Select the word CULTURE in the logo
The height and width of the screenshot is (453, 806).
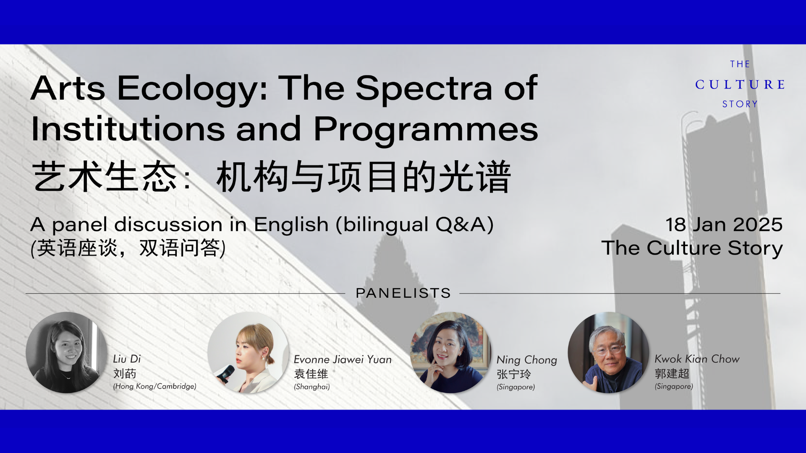click(740, 84)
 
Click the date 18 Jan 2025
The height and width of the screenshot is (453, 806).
click(724, 224)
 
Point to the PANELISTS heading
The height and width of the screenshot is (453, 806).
click(403, 293)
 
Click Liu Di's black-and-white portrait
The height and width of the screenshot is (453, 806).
click(66, 352)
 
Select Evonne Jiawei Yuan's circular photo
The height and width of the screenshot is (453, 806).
click(248, 352)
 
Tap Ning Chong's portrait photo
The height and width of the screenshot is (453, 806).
click(450, 352)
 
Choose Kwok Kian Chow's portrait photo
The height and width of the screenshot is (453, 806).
click(608, 352)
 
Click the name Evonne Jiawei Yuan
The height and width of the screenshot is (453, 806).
click(343, 359)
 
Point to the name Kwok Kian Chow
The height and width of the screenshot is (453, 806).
click(697, 359)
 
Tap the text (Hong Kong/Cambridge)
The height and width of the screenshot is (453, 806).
click(154, 386)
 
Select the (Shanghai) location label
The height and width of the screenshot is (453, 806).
click(312, 387)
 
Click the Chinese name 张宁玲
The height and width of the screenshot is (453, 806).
click(514, 374)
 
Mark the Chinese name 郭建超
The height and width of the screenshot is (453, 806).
click(672, 373)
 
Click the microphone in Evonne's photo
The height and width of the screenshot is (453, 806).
click(225, 374)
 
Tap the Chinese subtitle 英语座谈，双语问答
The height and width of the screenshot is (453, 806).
click(128, 248)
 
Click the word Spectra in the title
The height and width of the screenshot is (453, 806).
click(424, 89)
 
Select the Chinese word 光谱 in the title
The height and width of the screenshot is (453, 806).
click(474, 177)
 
